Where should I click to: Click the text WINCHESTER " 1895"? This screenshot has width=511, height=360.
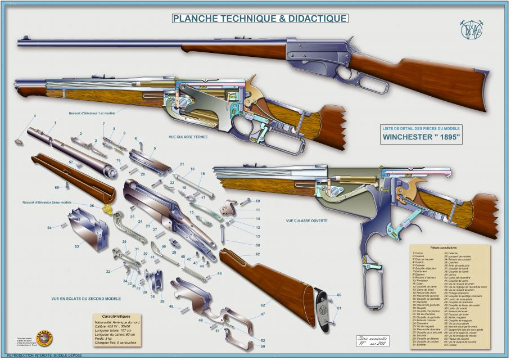click(422, 137)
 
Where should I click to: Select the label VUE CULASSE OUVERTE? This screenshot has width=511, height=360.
click(306, 220)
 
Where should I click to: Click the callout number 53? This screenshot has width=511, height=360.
click(78, 246)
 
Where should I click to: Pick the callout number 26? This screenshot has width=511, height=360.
click(92, 206)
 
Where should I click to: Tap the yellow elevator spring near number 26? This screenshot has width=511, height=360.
click(107, 210)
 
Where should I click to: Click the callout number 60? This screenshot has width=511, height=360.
click(338, 295)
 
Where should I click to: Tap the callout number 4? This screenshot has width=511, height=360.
click(34, 116)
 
